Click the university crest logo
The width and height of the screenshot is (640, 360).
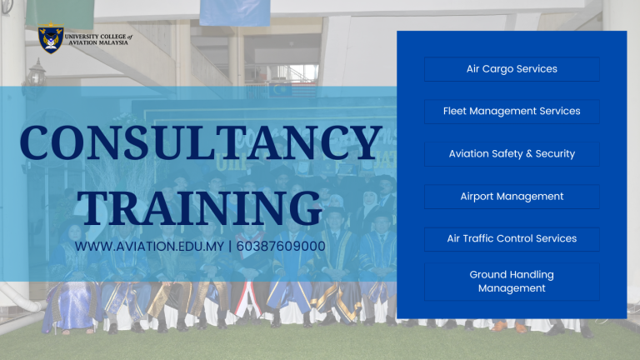pyautogui.click(x=51, y=38)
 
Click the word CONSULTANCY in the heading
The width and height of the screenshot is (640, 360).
pyautogui.click(x=201, y=142)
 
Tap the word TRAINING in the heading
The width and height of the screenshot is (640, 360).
pyautogui.click(x=200, y=208)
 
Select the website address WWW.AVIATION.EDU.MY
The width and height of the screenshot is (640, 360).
pyautogui.click(x=149, y=247)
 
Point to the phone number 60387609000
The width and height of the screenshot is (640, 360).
pyautogui.click(x=281, y=247)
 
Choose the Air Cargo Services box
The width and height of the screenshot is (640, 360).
pyautogui.click(x=512, y=69)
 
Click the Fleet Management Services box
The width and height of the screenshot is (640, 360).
pyautogui.click(x=512, y=112)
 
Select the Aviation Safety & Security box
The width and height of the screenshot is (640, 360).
pyautogui.click(x=512, y=154)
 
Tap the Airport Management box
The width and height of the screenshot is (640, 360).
pyautogui.click(x=512, y=197)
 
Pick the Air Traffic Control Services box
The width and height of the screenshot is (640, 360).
pyautogui.click(x=512, y=239)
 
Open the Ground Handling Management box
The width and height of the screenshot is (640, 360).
pyautogui.click(x=512, y=282)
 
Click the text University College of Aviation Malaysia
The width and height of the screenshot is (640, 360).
pyautogui.click(x=98, y=40)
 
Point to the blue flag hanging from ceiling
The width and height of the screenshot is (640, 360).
pyautogui.click(x=235, y=12)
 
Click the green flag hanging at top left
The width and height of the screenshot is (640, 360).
pyautogui.click(x=60, y=14)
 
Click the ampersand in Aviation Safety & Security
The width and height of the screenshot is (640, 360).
pyautogui.click(x=529, y=154)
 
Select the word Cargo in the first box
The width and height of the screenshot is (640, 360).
pyautogui.click(x=497, y=69)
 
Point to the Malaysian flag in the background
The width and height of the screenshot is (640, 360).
pyautogui.click(x=292, y=91)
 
